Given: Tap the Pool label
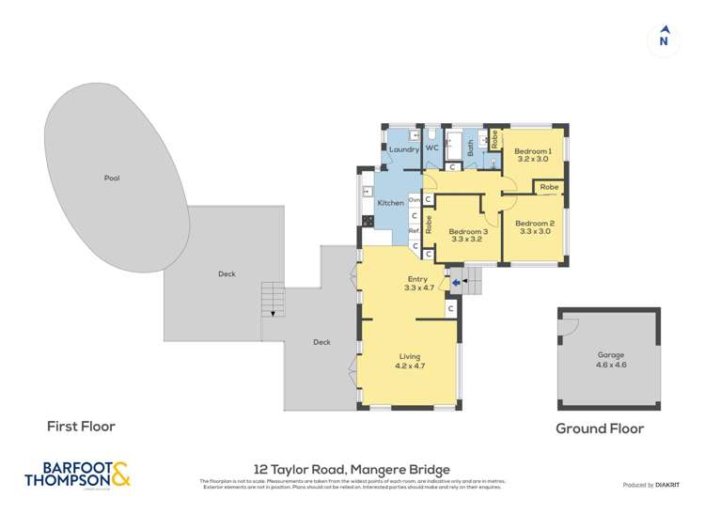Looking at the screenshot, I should [x=113, y=178].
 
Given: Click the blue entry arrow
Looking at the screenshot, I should [x=456, y=279].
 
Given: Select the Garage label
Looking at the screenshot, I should [x=611, y=355].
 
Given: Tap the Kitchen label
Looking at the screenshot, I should [x=390, y=203].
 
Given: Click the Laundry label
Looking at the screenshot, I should [x=403, y=149].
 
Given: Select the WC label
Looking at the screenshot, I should [x=433, y=148].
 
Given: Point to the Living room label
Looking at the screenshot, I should [x=409, y=356].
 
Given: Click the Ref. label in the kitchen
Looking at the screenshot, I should [x=413, y=231].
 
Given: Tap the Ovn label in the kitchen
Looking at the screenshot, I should [x=413, y=198].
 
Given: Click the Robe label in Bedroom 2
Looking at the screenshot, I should [x=549, y=187].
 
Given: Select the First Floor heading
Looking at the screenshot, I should [x=81, y=427].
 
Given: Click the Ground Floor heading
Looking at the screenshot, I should [x=600, y=428].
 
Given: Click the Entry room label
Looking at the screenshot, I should [x=416, y=279].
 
